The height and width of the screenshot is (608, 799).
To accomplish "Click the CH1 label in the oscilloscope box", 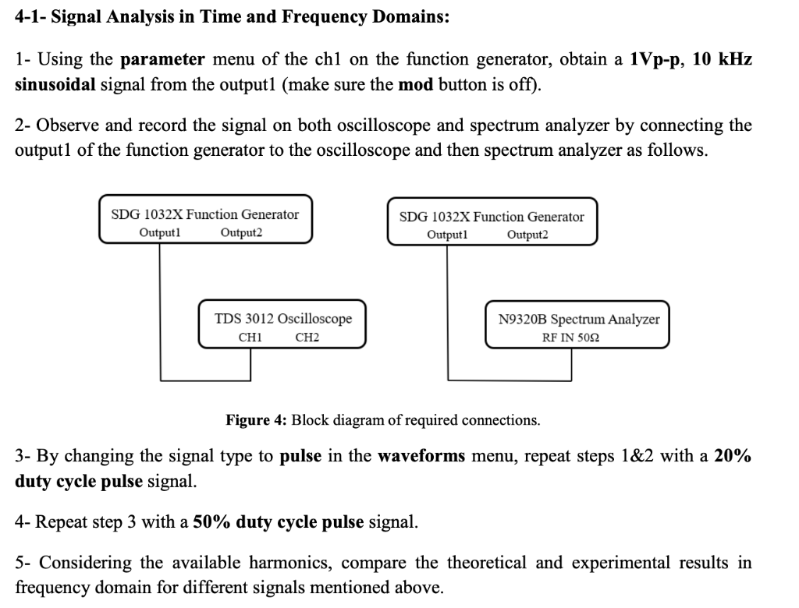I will pos(250,338).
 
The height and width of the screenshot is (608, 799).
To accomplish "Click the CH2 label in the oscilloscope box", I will pos(307,338).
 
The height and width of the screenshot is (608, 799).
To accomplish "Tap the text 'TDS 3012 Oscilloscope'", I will pos(283,318).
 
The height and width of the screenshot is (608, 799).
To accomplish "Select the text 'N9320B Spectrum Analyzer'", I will pos(578,319).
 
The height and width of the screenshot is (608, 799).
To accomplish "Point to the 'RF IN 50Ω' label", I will pos(570,338).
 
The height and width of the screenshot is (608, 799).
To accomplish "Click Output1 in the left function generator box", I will pos(160,232).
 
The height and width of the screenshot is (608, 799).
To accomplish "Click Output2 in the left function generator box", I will pos(242,232).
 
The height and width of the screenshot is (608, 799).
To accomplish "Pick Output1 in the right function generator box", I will pos(447,235).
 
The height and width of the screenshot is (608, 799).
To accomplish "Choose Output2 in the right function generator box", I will pos(527,235).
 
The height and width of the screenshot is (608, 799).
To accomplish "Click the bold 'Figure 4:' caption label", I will pos(256,420).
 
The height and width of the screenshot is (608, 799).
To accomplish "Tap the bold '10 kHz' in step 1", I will pos(722,59).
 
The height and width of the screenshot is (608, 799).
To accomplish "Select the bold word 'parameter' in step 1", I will pos(163,59).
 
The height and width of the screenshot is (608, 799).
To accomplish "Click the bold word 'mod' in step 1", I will pos(415,84).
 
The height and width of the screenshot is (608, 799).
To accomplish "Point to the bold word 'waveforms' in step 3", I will pos(421,456).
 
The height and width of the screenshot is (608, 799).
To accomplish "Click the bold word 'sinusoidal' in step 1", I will pos(55,84).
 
